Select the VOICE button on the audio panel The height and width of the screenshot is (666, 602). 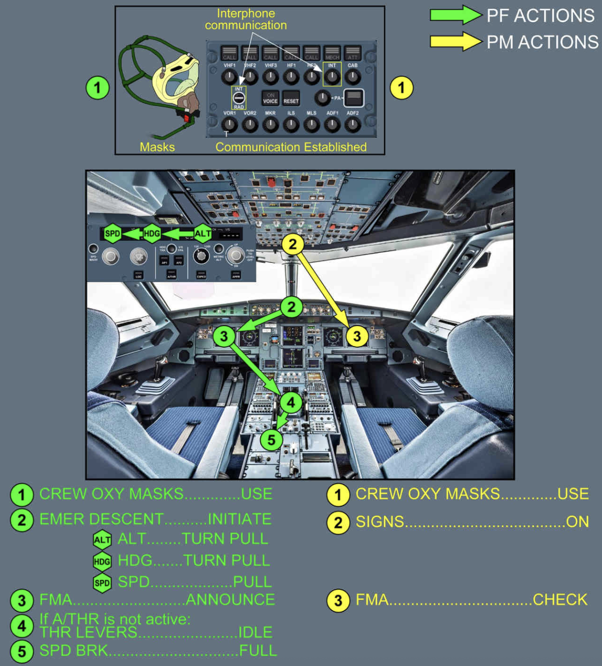coord(270,98)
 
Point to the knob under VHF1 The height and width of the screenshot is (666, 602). coord(229,76)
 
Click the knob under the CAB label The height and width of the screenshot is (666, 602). coord(352,76)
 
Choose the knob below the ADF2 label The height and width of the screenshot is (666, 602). coord(352,125)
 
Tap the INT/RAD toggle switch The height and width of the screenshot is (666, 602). coord(239,98)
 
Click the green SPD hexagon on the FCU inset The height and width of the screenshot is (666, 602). coord(113,233)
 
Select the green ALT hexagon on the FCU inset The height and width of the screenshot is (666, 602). coord(202,233)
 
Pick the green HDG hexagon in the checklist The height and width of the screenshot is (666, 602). coord(102,561)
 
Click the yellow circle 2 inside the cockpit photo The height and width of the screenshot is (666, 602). coord(293,244)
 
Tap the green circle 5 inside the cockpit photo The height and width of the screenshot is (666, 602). coord(271,440)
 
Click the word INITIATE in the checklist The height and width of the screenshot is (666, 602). coord(239,519)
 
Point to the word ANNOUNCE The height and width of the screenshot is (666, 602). coord(230,599)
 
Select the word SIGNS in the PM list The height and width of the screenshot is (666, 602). coord(379,521)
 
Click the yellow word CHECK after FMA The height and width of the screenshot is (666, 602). coord(560,599)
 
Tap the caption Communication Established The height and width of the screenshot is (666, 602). coord(291,147)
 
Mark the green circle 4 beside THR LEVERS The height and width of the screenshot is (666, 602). coord(22,626)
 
